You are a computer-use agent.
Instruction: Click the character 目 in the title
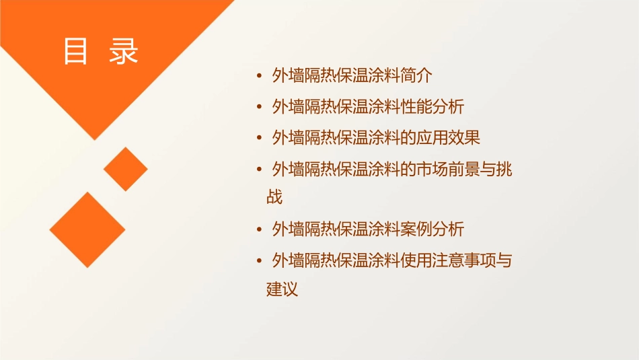tap(76, 51)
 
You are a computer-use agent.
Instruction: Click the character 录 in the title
tap(124, 51)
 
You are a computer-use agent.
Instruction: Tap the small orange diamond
tap(125, 169)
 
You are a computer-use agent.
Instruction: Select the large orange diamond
tap(87, 229)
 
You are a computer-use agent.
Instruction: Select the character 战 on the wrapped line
tap(274, 197)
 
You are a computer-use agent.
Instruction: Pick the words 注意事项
tap(464, 260)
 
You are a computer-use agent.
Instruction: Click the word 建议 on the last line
tap(283, 290)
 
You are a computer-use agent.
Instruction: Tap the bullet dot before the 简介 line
tap(259, 76)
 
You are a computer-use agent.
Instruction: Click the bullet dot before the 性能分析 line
tap(259, 107)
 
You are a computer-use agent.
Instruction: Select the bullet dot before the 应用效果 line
tap(259, 139)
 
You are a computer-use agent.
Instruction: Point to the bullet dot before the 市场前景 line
tap(259, 170)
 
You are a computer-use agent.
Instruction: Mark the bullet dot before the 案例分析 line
tap(259, 229)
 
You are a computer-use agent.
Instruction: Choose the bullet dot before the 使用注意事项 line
tap(259, 260)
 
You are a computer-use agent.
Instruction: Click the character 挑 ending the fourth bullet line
tap(504, 169)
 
